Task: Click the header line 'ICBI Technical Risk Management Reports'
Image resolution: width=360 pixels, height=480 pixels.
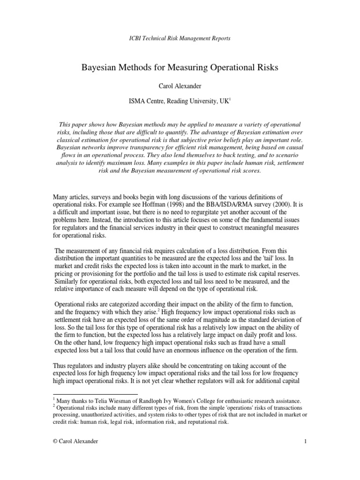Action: (180, 38)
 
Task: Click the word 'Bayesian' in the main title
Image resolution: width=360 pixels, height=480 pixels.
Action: (100, 68)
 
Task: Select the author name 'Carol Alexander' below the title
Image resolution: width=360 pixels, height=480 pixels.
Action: (180, 87)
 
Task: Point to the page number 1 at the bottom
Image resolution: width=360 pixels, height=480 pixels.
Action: (305, 441)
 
